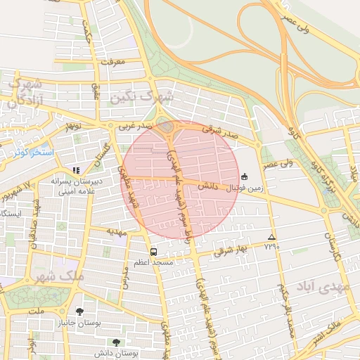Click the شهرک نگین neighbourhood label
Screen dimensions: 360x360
(146, 97)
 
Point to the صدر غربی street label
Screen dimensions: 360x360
(134, 127)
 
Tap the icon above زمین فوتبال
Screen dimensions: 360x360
(244, 176)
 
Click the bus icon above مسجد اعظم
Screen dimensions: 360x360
(153, 251)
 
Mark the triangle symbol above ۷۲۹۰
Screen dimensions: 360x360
(271, 237)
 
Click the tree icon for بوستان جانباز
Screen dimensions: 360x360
(79, 311)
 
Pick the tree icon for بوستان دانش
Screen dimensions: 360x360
(116, 342)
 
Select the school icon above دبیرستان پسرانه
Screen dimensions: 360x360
(75, 169)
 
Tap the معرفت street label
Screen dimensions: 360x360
(112, 63)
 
